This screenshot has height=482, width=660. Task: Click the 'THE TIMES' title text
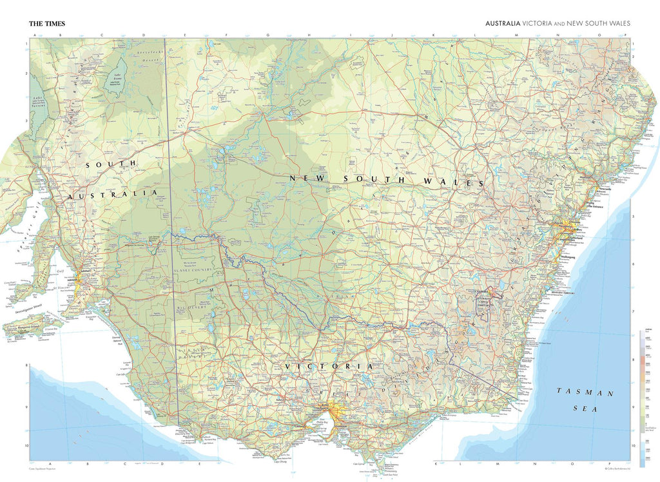tap(47, 24)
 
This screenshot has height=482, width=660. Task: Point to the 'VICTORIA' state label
tap(329, 366)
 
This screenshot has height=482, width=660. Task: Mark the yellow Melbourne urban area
tap(335, 412)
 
